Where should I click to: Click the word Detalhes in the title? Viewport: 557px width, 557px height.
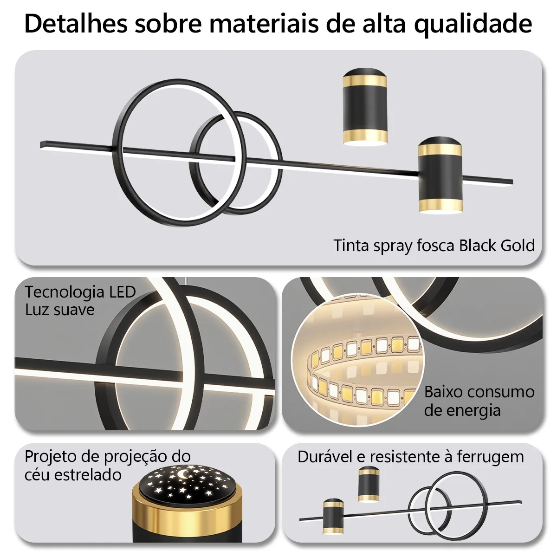click(x=76, y=24)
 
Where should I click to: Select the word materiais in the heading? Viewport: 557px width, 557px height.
click(x=264, y=24)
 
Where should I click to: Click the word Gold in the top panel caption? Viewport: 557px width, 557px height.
click(x=518, y=246)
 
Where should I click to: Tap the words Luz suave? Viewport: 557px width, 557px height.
click(x=60, y=310)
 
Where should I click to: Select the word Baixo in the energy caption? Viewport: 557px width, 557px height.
click(x=443, y=392)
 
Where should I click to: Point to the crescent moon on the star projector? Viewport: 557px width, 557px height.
click(x=182, y=474)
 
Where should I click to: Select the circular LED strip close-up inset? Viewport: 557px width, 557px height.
click(x=358, y=359)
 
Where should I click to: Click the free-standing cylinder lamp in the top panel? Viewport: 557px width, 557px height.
click(x=365, y=107)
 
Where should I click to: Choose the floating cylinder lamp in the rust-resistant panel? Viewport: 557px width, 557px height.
click(x=369, y=484)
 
